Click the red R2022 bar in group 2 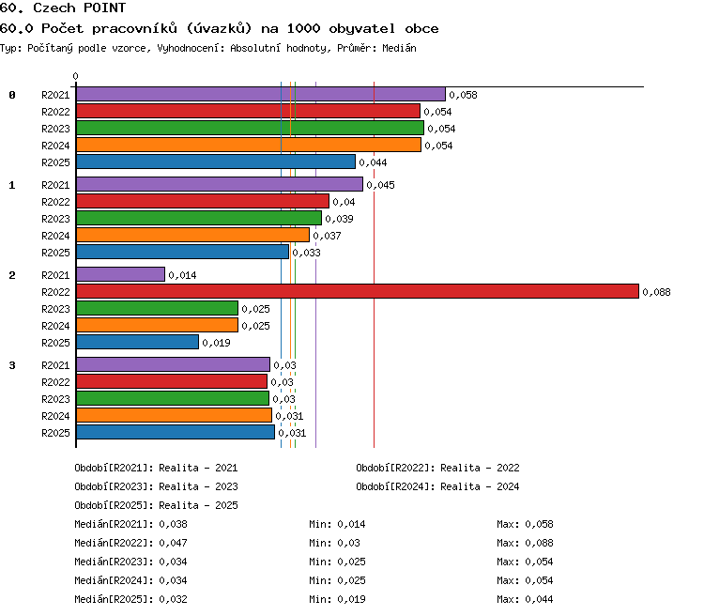click(358, 291)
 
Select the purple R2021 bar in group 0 click(261, 94)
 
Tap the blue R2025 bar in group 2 click(137, 342)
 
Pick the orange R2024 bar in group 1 click(193, 235)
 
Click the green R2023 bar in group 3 click(173, 398)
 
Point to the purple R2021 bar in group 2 click(121, 274)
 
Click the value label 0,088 click(656, 292)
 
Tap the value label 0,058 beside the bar click(464, 95)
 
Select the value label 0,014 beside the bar click(182, 275)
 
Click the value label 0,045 click(381, 185)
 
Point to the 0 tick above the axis click(75, 76)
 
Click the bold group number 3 click(12, 365)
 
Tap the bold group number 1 click(12, 185)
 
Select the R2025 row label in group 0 click(55, 162)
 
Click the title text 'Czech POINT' click(80, 8)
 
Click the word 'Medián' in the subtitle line click(399, 48)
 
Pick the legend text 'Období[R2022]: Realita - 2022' click(437, 468)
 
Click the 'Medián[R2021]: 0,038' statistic click(130, 524)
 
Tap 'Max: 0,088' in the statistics click(525, 543)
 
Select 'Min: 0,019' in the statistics click(337, 599)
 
